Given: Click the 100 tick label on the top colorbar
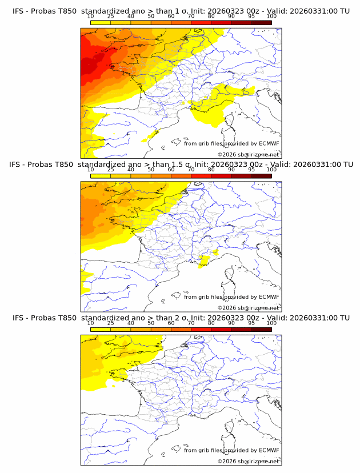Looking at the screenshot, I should pyautogui.click(x=271, y=17).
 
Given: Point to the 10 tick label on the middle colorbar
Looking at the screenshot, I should pyautogui.click(x=91, y=170).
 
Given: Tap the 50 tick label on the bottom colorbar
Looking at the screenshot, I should pyautogui.click(x=151, y=323).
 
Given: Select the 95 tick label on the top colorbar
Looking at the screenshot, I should pyautogui.click(x=251, y=17).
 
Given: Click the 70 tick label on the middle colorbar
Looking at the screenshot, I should pyautogui.click(x=191, y=170).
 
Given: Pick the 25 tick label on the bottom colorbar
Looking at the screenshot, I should pyautogui.click(x=111, y=323).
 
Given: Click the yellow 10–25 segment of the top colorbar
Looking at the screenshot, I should pyautogui.click(x=101, y=23).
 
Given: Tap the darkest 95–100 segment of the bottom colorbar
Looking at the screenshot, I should pyautogui.click(x=261, y=329).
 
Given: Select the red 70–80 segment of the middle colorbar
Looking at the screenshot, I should pyautogui.click(x=201, y=176).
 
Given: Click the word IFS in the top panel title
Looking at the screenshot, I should pyautogui.click(x=18, y=11).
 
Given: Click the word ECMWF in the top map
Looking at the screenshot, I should pyautogui.click(x=269, y=143).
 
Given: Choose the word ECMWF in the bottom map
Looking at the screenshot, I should pyautogui.click(x=269, y=450).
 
